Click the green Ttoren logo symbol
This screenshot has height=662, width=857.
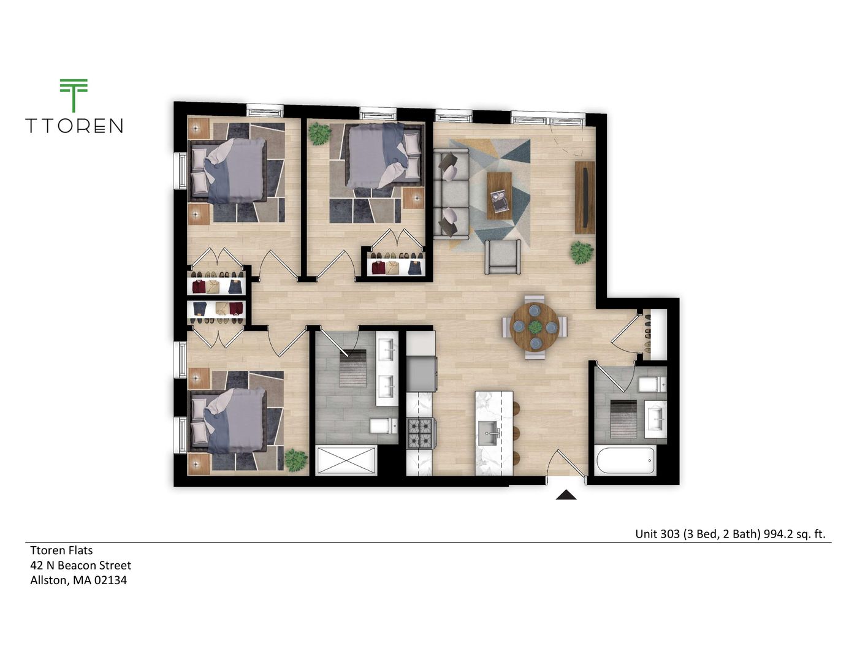click(74, 95)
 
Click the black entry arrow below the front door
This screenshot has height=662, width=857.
click(566, 495)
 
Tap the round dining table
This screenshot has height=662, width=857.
click(535, 327)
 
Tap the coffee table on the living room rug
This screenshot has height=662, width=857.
click(499, 195)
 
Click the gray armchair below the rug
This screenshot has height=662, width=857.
click(503, 257)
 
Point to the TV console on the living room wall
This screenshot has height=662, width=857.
click(585, 197)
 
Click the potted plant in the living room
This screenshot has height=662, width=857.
click(581, 252)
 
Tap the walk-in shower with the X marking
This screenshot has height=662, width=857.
click(346, 460)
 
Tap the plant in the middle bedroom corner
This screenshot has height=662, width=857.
click(319, 133)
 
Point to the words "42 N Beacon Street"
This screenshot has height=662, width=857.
click(80, 565)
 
